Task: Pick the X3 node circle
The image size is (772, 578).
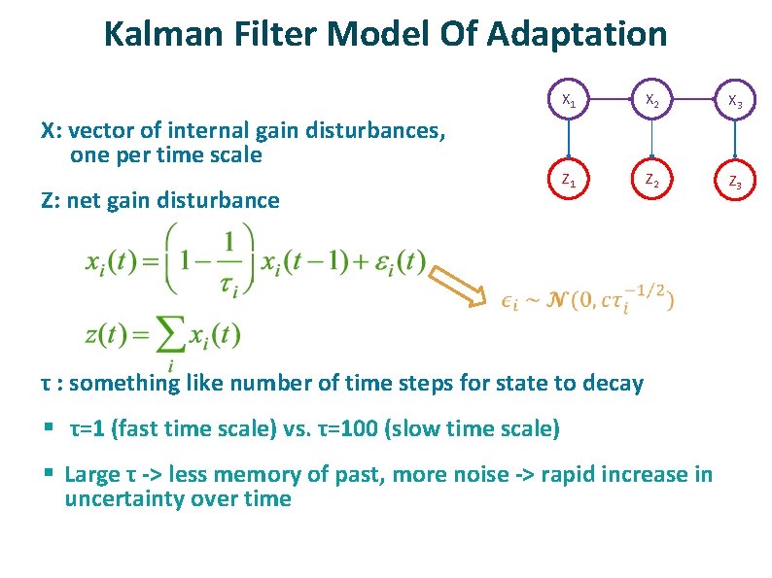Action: (736, 102)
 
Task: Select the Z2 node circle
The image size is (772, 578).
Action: (653, 182)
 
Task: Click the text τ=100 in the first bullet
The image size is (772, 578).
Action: (351, 428)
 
